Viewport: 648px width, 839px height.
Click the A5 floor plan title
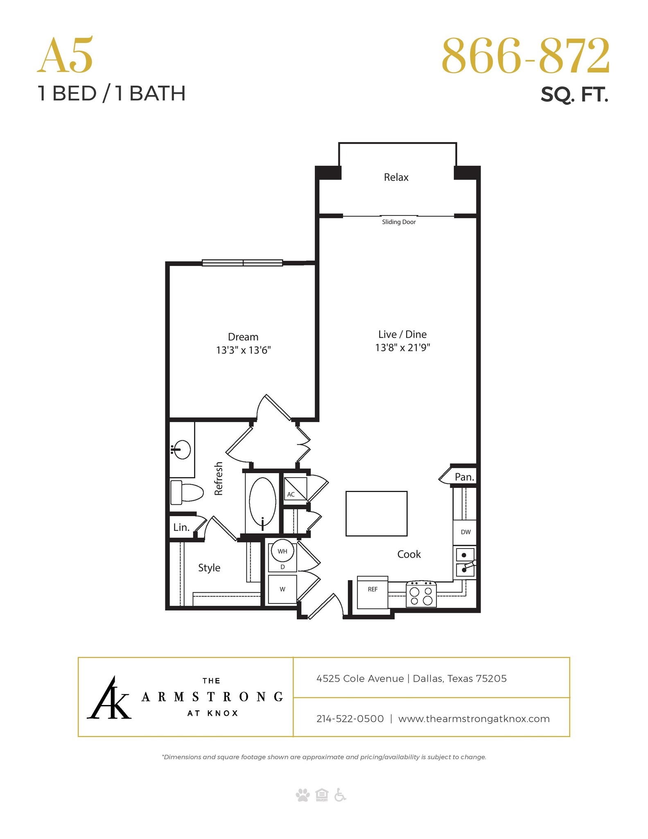65,56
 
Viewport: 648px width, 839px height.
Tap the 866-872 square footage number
525,56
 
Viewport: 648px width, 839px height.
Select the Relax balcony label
396,177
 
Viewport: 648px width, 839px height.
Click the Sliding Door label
399,222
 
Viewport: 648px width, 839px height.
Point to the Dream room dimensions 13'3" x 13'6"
243,350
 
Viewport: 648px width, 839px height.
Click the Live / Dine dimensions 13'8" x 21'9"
402,348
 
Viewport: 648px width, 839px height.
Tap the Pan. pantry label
464,477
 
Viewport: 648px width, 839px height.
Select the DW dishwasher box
465,532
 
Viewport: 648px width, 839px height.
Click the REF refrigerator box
373,592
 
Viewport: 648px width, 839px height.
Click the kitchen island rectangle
376,513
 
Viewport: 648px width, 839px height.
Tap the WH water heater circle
282,551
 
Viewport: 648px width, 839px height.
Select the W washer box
282,589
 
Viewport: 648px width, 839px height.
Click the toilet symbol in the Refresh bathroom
186,492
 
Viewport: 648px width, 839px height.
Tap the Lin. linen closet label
181,527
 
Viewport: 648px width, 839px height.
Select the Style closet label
209,568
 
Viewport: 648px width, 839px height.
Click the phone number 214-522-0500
350,719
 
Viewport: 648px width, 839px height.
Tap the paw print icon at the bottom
303,795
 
